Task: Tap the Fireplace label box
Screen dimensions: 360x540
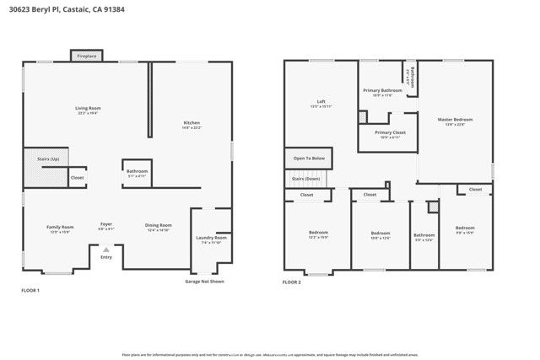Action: (x=86, y=56)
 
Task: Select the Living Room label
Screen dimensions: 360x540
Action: (x=89, y=108)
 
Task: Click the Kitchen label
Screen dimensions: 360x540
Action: (x=192, y=123)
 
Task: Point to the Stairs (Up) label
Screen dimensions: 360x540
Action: (x=48, y=158)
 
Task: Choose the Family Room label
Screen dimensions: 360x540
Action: (x=60, y=226)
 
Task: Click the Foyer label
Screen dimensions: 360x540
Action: (x=106, y=224)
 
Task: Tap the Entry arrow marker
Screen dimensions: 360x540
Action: (x=105, y=250)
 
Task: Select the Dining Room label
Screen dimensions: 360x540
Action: (x=159, y=225)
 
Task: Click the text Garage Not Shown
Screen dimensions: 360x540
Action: (x=205, y=282)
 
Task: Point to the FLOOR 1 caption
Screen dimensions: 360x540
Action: (x=30, y=290)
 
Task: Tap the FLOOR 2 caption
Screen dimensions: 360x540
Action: (x=291, y=282)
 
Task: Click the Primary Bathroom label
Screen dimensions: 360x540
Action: (x=382, y=90)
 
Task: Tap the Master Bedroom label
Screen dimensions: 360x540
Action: (x=455, y=120)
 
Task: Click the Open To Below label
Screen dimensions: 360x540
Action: (x=309, y=158)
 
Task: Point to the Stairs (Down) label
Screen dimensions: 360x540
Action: (x=306, y=179)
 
